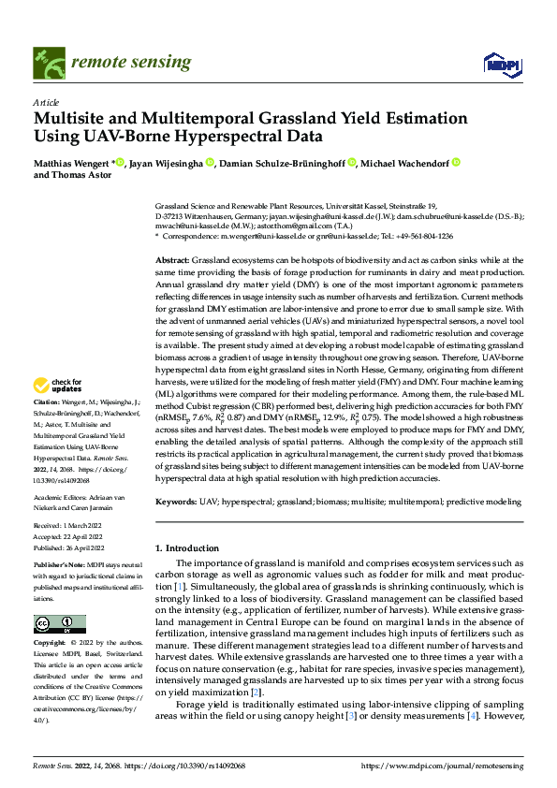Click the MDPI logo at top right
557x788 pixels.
(501, 62)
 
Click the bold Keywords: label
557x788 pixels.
(179, 502)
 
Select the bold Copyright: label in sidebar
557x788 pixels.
(50, 643)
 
